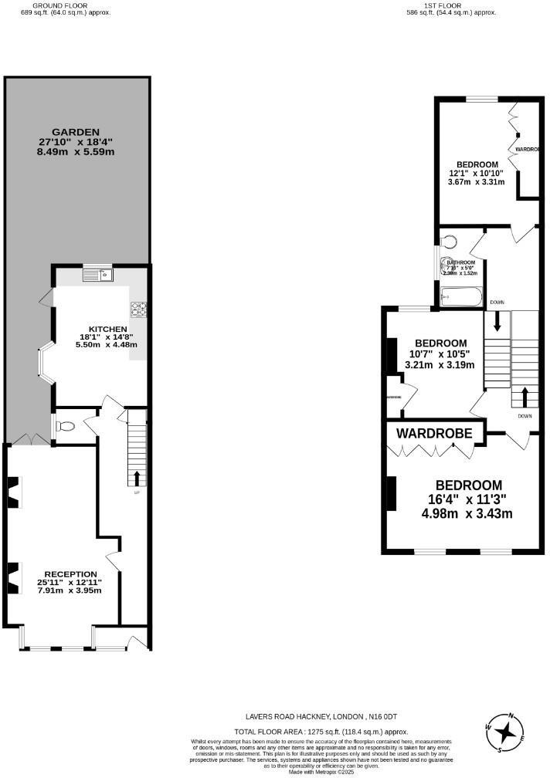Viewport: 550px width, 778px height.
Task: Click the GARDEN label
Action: tap(76, 132)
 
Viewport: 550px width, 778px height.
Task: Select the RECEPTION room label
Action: tap(70, 574)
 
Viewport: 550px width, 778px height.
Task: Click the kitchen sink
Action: tap(98, 272)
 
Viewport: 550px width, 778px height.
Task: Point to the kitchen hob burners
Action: tap(139, 310)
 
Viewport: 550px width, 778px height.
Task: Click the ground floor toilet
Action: tap(66, 425)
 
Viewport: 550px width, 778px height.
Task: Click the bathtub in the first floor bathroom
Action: tap(461, 297)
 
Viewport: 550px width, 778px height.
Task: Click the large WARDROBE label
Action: tap(434, 434)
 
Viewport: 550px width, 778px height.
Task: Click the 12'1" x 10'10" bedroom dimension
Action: tap(476, 174)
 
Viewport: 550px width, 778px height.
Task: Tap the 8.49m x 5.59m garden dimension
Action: tap(76, 152)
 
